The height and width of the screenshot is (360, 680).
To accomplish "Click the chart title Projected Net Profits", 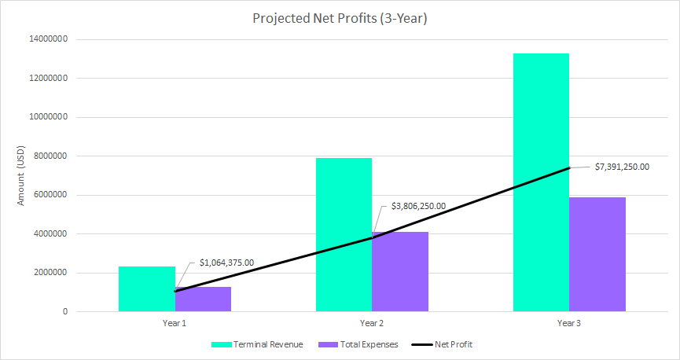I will click(340, 18).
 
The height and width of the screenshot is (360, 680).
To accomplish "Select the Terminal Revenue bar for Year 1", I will click(147, 289).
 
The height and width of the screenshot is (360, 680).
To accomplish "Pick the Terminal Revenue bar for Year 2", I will click(344, 235).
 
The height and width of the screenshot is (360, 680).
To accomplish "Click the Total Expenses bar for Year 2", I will click(400, 272).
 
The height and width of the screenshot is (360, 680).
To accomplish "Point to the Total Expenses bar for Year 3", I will click(597, 255).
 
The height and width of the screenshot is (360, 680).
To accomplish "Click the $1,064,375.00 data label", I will click(231, 262).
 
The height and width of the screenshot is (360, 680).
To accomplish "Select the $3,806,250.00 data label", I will click(418, 207).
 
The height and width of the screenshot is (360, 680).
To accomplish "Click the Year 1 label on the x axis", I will click(175, 323).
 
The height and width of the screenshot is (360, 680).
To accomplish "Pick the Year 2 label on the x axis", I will click(372, 323).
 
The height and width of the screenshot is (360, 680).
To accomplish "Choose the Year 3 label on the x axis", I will click(569, 323).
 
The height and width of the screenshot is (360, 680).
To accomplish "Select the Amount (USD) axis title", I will click(22, 176).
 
